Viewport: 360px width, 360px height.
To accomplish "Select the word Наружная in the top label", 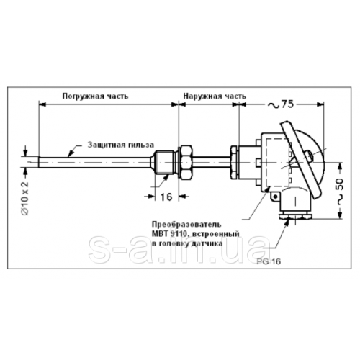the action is coord(203,96).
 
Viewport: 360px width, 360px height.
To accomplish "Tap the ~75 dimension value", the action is coord(280,104).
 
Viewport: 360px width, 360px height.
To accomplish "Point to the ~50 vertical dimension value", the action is coord(341,192).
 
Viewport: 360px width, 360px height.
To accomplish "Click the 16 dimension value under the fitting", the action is coord(166,197).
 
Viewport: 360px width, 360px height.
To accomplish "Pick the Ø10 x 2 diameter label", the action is coord(25,198).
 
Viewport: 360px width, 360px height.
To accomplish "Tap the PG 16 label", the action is coord(269,261).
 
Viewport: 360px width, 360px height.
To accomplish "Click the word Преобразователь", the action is coord(186,225).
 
